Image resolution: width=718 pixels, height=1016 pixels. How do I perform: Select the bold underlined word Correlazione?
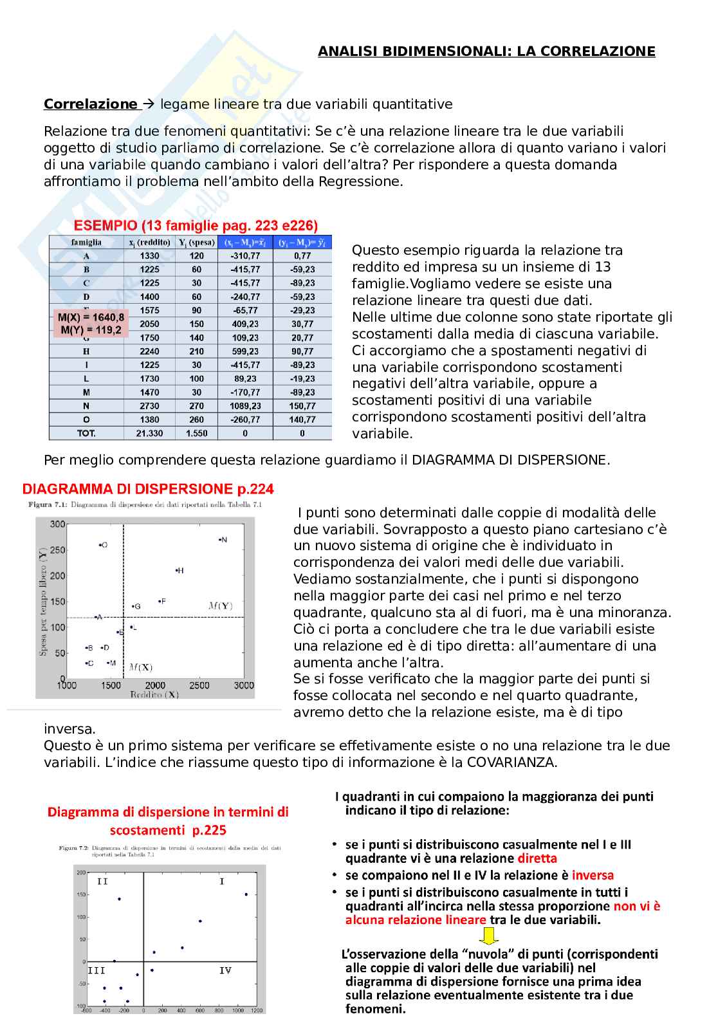[x=90, y=104]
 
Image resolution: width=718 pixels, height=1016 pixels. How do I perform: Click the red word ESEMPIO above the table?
[x=105, y=225]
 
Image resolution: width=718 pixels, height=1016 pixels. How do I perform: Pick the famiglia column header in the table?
[x=86, y=243]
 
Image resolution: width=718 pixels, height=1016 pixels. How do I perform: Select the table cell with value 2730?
[x=149, y=406]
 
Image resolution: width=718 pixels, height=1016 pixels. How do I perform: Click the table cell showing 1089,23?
[x=245, y=406]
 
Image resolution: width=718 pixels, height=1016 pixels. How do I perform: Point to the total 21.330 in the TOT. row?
[x=149, y=433]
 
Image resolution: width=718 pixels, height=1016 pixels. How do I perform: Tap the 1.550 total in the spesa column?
[x=196, y=433]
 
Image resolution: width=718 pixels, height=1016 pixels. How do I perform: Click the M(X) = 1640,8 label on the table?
[x=91, y=317]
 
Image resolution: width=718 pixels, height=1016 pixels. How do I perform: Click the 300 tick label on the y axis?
[x=57, y=524]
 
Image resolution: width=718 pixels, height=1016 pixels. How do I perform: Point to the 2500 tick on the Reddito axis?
[x=199, y=685]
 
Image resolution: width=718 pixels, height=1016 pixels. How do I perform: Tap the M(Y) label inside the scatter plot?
[x=221, y=605]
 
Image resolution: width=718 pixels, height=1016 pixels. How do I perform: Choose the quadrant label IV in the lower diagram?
[x=225, y=970]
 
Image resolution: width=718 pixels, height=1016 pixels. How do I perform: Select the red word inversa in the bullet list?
[x=593, y=875]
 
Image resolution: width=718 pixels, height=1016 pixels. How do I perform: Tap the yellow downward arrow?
[x=489, y=936]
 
